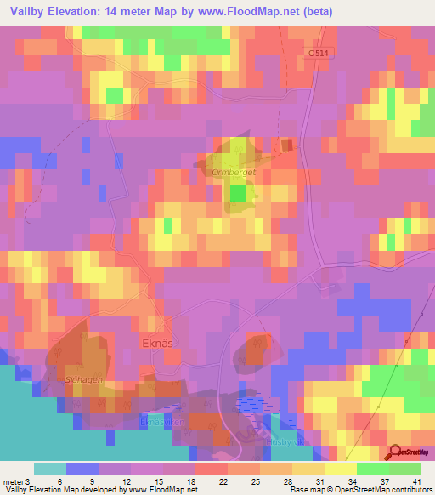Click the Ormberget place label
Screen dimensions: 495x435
point(234,172)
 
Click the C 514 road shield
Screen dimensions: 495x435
point(318,54)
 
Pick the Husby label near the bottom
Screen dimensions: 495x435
point(280,441)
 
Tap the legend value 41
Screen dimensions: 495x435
point(416,481)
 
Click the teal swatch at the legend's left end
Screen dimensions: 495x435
point(49,469)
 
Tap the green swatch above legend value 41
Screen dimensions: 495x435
point(405,469)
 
